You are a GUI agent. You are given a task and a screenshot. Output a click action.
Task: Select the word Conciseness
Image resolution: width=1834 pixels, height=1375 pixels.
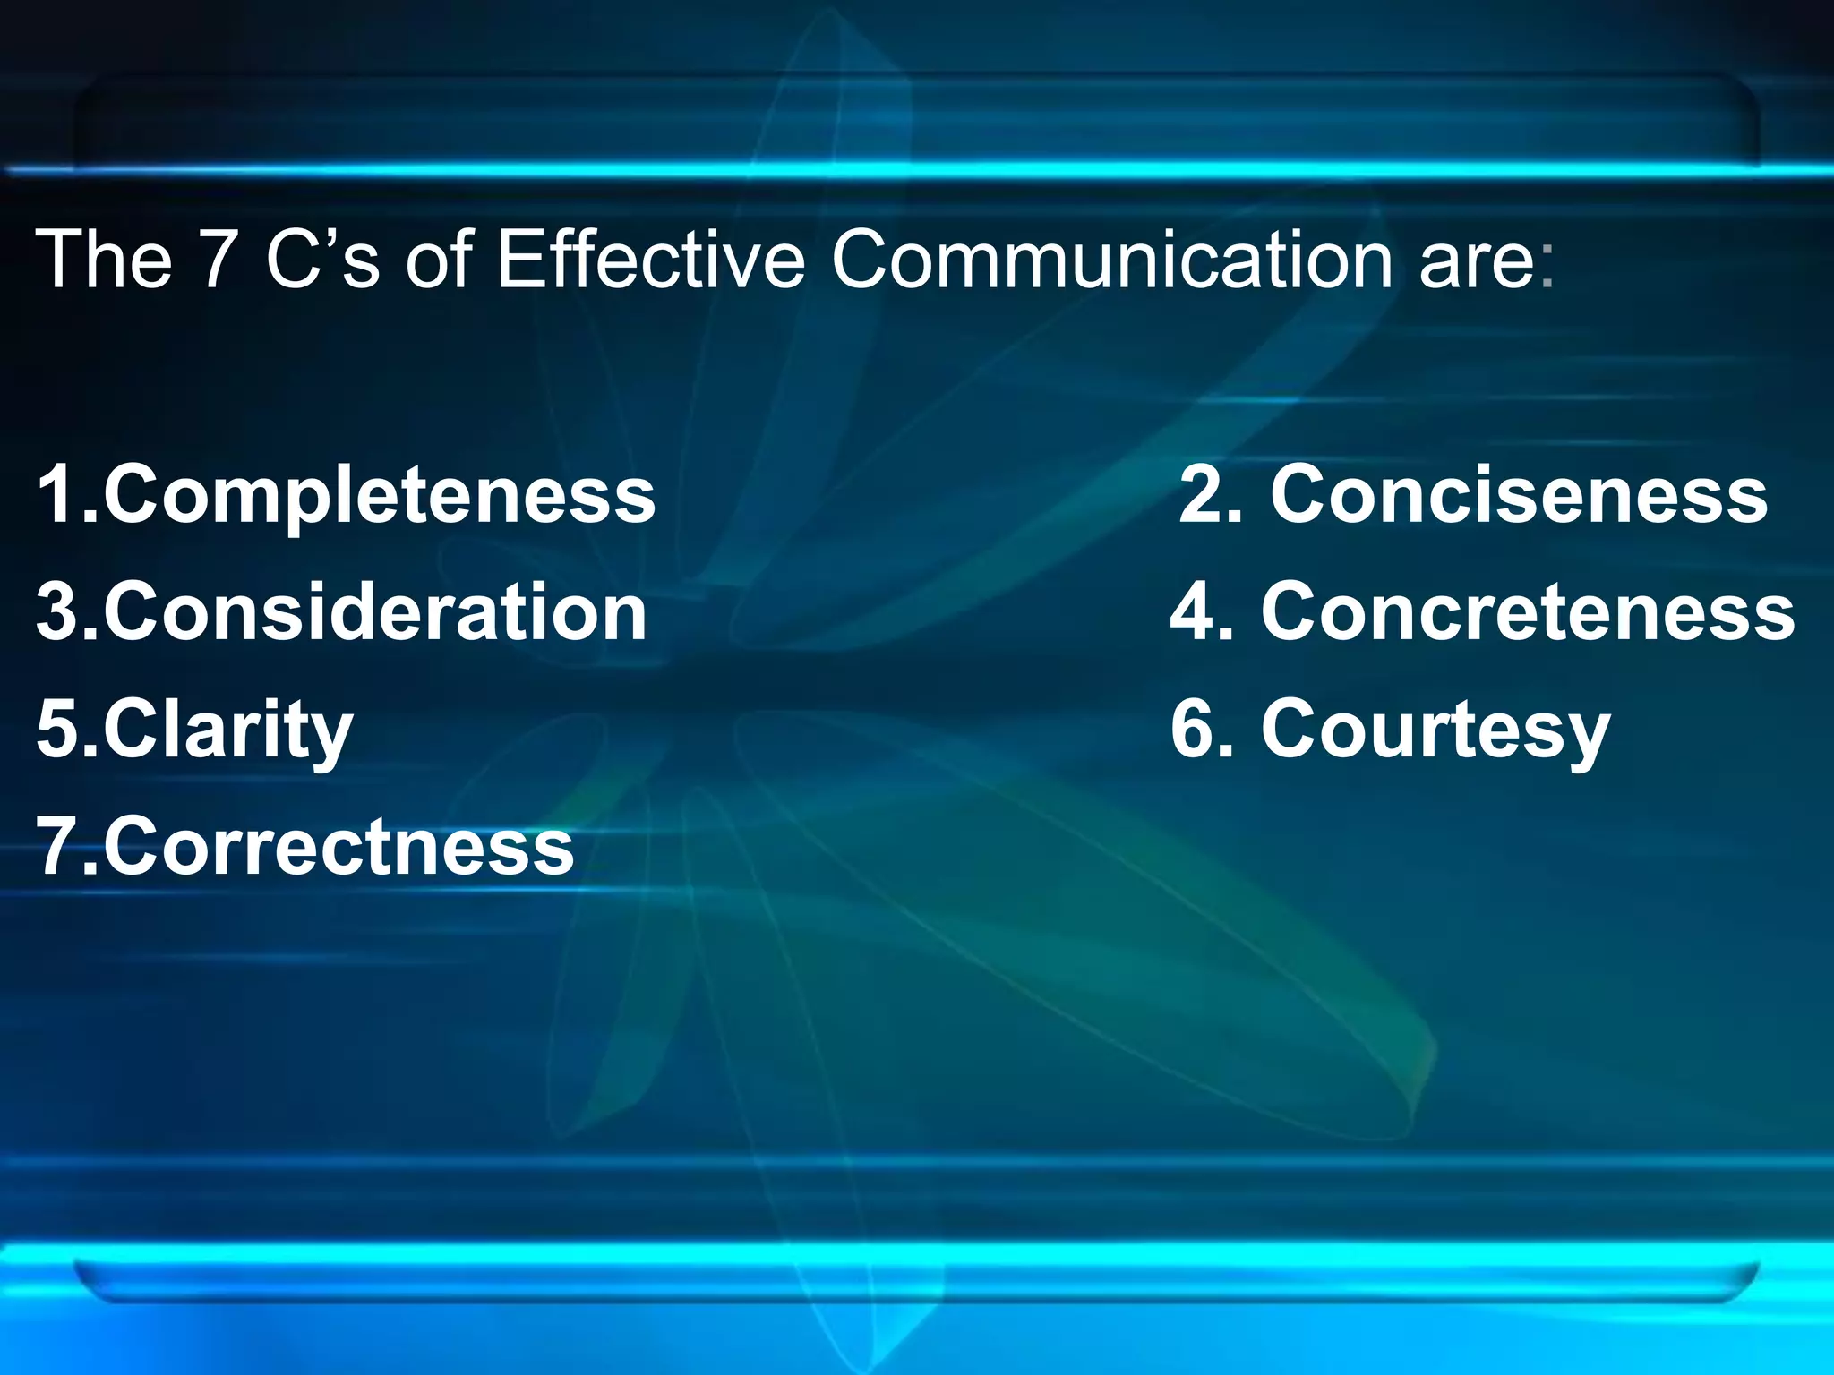coord(1519,494)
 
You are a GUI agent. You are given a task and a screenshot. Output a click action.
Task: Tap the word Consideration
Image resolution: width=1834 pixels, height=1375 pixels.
coord(375,612)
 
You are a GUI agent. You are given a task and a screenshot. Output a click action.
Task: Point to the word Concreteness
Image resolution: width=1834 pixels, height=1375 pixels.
coord(1528,612)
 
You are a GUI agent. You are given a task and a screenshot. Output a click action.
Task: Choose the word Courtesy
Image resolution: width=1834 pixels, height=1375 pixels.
coord(1435,730)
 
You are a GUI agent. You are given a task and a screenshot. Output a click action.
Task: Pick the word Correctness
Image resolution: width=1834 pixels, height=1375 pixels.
coord(339,847)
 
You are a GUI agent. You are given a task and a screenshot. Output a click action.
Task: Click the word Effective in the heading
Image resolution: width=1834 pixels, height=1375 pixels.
coord(650,260)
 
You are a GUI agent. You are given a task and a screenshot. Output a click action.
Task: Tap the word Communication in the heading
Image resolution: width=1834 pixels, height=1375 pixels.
coord(1111,260)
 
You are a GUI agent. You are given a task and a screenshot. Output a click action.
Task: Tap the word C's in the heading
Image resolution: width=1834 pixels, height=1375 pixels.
coord(323,260)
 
